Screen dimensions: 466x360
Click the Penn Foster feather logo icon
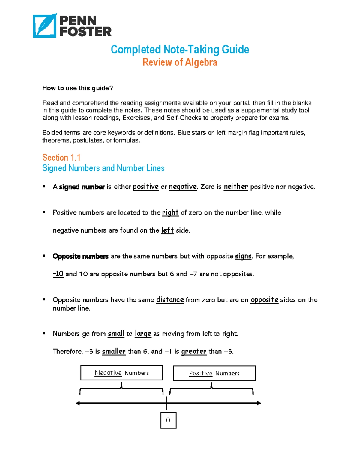coord(44,26)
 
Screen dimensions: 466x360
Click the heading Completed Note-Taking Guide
coord(180,50)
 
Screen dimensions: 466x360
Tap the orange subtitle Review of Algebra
coord(180,62)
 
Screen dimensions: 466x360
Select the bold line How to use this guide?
coord(77,88)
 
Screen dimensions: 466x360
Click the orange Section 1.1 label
coord(61,157)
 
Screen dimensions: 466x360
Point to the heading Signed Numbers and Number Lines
coord(103,168)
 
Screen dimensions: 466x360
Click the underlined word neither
coord(236,187)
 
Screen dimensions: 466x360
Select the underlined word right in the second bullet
coord(170,212)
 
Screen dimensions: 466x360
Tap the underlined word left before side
coord(167,230)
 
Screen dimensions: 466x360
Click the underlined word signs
coord(243,256)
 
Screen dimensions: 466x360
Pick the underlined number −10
coord(58,274)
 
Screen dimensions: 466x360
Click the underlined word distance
coord(170,299)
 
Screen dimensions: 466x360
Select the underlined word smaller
coord(114,351)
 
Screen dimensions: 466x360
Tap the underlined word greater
coord(194,351)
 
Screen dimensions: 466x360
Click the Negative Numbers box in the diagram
coord(121,373)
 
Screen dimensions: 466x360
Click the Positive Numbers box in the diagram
coord(214,373)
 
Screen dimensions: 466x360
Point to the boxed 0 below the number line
coord(168,420)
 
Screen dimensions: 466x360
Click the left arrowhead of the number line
coord(78,403)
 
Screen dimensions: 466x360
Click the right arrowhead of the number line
coord(259,403)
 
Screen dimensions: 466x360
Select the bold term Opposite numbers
coord(80,256)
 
